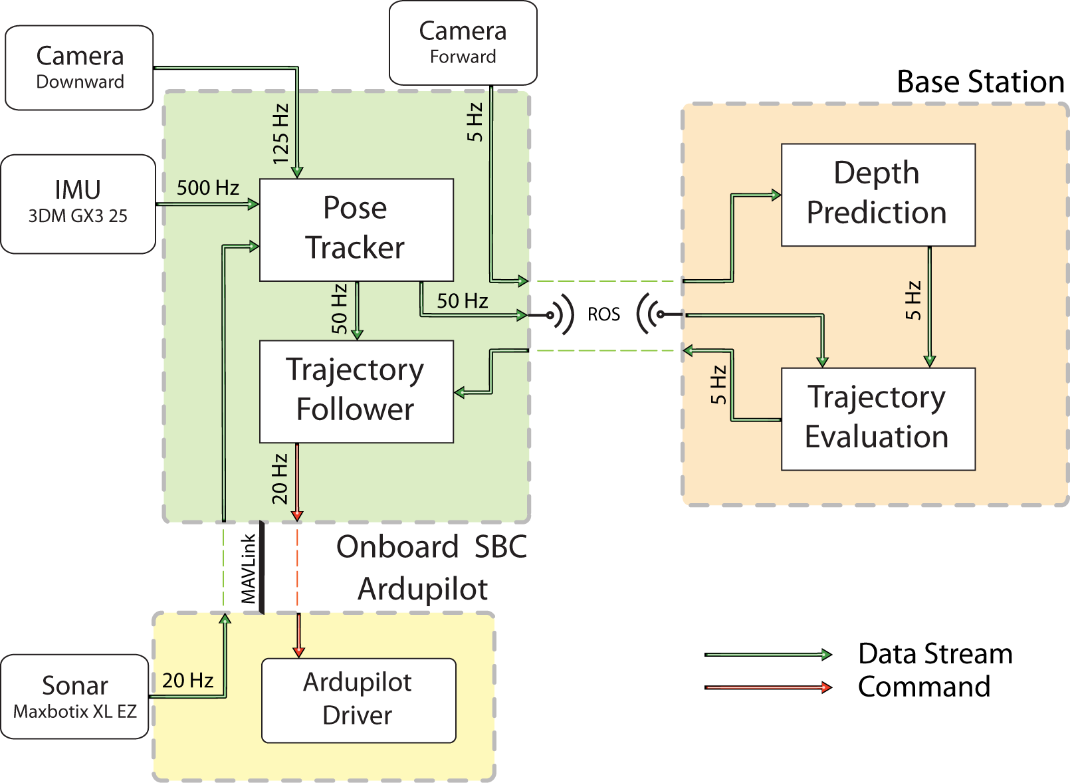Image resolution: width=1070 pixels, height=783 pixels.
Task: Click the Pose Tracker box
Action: tap(356, 229)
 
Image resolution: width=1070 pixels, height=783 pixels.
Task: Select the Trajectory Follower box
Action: tap(356, 391)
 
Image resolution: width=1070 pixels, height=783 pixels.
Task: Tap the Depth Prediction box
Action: tap(877, 194)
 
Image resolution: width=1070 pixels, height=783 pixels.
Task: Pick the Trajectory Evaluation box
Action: tap(877, 418)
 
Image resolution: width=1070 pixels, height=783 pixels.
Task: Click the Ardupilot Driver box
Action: tap(358, 700)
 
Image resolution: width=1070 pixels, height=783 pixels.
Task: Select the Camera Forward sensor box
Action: tap(463, 43)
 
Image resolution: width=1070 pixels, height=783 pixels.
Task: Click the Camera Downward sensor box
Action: tap(80, 67)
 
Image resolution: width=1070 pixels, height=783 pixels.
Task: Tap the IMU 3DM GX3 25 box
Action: tap(78, 202)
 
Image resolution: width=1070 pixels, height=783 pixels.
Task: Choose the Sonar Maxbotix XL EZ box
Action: tap(74, 696)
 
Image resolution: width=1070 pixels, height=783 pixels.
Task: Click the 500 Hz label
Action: tap(207, 188)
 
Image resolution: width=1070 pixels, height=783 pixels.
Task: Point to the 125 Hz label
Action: tap(280, 134)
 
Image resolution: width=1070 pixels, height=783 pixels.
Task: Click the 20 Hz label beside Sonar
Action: tap(187, 681)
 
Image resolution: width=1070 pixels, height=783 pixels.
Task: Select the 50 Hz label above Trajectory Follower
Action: tap(339, 309)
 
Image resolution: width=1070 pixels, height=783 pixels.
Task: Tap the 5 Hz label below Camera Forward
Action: tap(475, 122)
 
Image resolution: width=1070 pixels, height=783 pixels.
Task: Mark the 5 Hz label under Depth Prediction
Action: tap(913, 301)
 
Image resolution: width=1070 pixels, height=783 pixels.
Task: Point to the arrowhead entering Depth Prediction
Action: tap(776, 195)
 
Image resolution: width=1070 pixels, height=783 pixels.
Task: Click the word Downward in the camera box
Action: tap(80, 82)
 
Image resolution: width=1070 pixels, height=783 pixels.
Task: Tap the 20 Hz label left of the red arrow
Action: tap(280, 479)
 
